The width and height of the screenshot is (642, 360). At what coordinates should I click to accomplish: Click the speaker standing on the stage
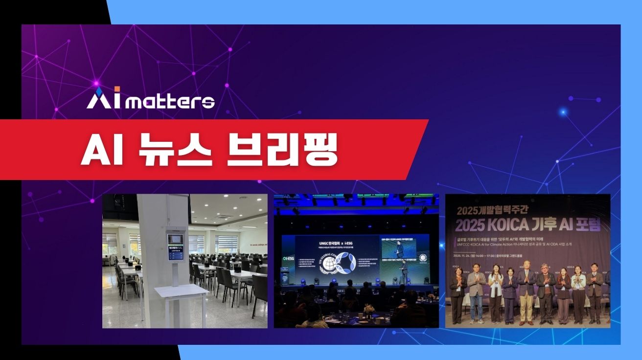[403, 271]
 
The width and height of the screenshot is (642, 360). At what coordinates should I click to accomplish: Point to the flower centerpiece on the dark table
[368, 309]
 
